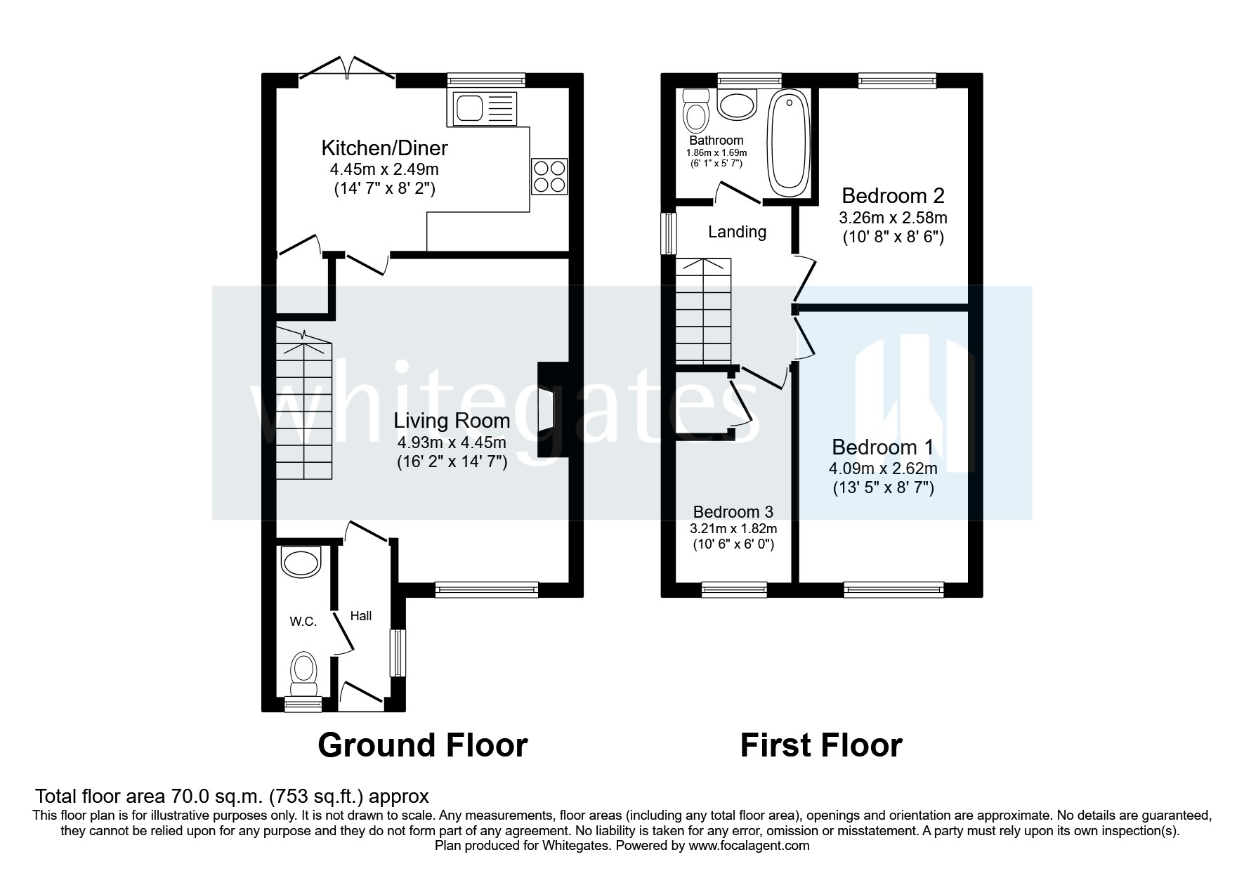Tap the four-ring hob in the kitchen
(x=549, y=176)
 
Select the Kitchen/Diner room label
(x=384, y=148)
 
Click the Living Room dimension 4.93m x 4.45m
(x=452, y=443)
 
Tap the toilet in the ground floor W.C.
(x=303, y=669)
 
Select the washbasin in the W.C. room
(x=301, y=561)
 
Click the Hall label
(x=361, y=616)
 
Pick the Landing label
(x=737, y=232)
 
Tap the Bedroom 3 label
(x=733, y=512)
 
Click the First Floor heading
(x=820, y=745)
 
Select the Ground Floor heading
(x=422, y=745)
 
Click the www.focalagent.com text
(x=749, y=846)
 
